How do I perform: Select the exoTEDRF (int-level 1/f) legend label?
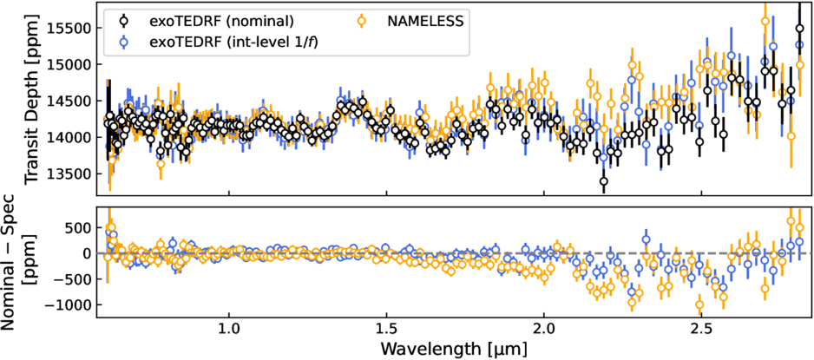coord(216,40)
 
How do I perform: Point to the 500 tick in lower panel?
coord(80,227)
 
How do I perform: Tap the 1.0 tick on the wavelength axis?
coord(228,331)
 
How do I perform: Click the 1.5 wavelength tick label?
coord(386,331)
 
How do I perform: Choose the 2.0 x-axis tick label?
coord(544,331)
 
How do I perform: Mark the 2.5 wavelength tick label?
coord(701,331)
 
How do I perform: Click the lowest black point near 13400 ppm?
coord(603,180)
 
